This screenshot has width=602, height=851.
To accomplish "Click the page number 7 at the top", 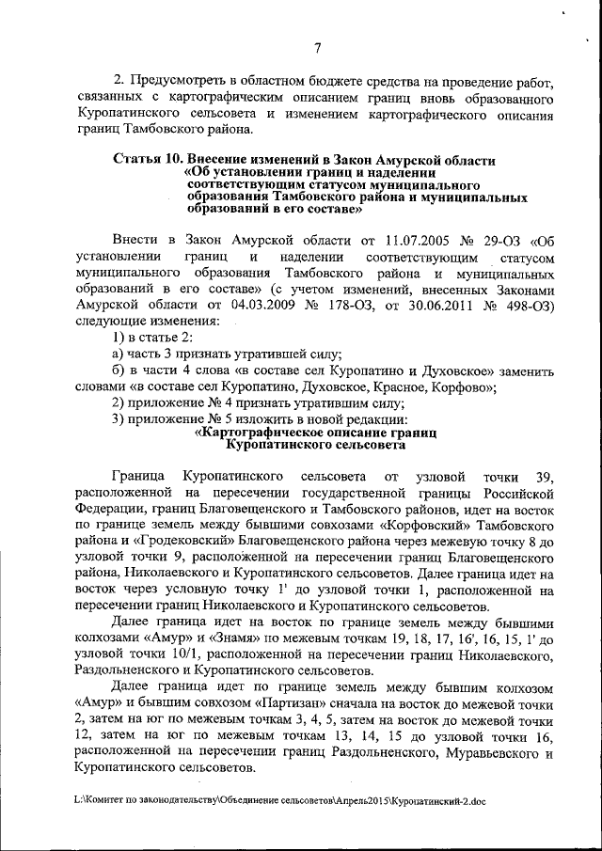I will (317, 49).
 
